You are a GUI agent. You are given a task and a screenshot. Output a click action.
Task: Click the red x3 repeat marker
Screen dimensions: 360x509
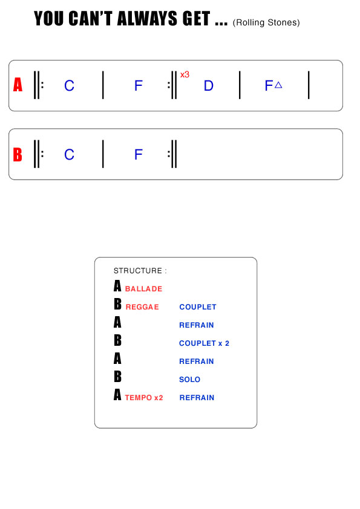(185, 75)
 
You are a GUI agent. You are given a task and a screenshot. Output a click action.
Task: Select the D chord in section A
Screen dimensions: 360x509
(209, 86)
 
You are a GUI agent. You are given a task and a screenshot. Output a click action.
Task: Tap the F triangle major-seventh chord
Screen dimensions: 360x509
(273, 86)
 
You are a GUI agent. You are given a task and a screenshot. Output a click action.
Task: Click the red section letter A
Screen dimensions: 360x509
(18, 85)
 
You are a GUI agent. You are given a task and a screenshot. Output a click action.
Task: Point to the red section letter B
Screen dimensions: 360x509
(18, 155)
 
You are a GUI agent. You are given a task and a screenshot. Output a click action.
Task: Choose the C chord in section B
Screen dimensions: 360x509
(69, 155)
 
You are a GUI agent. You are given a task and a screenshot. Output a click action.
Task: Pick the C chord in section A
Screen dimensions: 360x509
(69, 86)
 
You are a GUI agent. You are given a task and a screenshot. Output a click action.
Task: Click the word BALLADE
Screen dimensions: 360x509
(143, 288)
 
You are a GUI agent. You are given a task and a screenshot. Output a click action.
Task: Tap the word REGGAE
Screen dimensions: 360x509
(142, 306)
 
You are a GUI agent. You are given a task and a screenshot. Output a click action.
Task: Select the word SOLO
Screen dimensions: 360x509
(190, 380)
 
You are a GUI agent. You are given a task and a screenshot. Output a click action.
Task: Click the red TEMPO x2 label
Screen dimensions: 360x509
(144, 398)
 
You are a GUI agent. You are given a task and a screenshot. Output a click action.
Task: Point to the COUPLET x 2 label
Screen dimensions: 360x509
(205, 343)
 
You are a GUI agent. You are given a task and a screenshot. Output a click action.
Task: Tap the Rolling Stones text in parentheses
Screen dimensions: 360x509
(266, 22)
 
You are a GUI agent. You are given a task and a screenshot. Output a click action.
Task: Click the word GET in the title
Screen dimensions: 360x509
(197, 19)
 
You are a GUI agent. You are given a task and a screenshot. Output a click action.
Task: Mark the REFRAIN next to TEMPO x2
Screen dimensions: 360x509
(197, 398)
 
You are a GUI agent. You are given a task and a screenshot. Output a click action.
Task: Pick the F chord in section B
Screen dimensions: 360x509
(139, 155)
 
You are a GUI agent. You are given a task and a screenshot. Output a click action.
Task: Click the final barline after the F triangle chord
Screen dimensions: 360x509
(309, 85)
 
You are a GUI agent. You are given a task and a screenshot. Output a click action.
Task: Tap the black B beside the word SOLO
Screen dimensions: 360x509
(117, 377)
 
